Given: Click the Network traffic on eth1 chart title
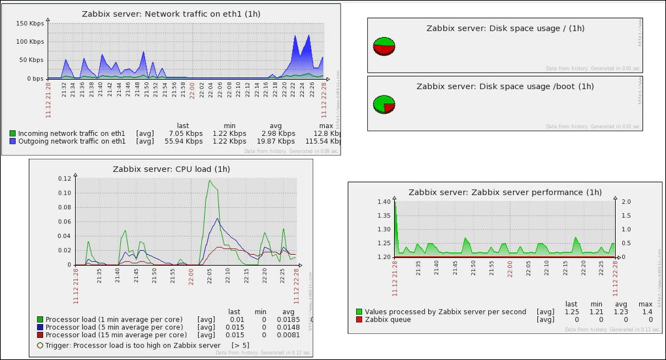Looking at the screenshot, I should click(172, 14).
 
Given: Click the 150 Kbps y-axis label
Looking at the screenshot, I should click(30, 24).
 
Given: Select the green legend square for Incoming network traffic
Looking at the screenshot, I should click(12, 133).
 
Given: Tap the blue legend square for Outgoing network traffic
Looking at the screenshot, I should click(12, 141).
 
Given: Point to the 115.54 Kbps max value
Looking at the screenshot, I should click(324, 141).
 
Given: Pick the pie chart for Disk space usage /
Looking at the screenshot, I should click(384, 46).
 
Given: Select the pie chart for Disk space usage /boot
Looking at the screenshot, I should click(384, 104).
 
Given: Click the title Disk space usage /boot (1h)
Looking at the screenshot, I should click(505, 86).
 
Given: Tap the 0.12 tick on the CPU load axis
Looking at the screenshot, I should click(63, 178).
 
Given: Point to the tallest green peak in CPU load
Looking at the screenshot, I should click(210, 181).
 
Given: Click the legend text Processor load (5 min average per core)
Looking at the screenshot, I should click(114, 327).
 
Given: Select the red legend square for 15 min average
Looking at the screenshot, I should click(41, 335).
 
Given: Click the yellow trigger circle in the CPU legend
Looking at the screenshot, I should click(41, 345).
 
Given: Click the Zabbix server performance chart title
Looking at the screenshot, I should click(505, 192).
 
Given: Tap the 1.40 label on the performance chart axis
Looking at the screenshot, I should click(383, 202).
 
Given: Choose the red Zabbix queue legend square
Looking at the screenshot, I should click(359, 319).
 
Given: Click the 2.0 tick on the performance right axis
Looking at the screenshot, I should click(625, 202).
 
